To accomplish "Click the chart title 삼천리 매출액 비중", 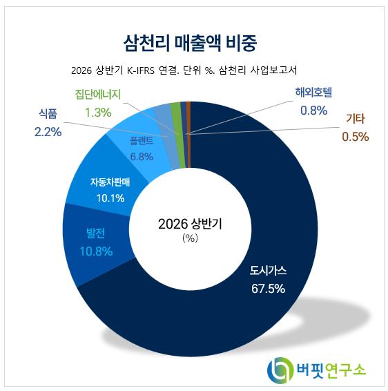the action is [x=190, y=43].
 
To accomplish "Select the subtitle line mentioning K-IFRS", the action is [x=184, y=70].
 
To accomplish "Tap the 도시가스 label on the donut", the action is [x=268, y=271].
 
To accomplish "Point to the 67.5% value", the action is [x=268, y=289].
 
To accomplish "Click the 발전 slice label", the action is [x=96, y=233].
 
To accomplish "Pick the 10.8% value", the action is [x=96, y=251].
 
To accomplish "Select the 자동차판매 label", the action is [x=110, y=182].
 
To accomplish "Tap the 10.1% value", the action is [x=110, y=198].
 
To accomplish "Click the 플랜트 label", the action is [x=142, y=141].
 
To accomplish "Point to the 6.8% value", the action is [x=142, y=157].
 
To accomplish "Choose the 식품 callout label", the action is [x=48, y=114].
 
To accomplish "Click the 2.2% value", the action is [x=48, y=132].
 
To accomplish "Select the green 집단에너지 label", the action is [x=98, y=95].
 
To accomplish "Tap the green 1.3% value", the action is [x=98, y=113].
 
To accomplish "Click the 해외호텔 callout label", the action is [x=313, y=93].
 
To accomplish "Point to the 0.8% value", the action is [x=314, y=111].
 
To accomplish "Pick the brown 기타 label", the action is [x=356, y=119].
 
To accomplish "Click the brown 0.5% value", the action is [x=356, y=137].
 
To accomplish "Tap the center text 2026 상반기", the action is [x=190, y=224].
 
